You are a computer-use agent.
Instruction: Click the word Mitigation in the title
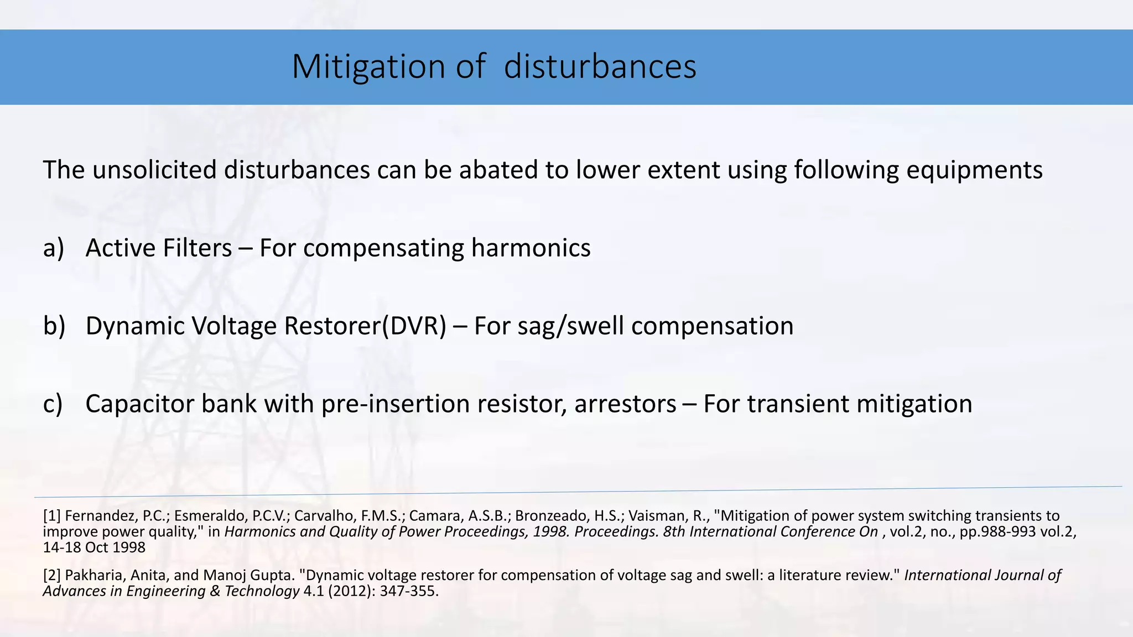click(x=368, y=67)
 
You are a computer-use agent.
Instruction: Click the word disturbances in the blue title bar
click(x=600, y=67)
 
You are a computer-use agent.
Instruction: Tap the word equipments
click(x=974, y=170)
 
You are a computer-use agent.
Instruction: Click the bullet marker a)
click(x=54, y=248)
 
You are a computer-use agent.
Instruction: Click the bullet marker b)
click(x=54, y=326)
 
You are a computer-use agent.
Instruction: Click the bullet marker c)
click(x=53, y=404)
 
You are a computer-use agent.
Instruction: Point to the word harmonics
click(x=531, y=248)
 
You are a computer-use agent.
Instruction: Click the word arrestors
click(x=625, y=404)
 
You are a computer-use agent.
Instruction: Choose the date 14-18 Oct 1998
click(x=94, y=548)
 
